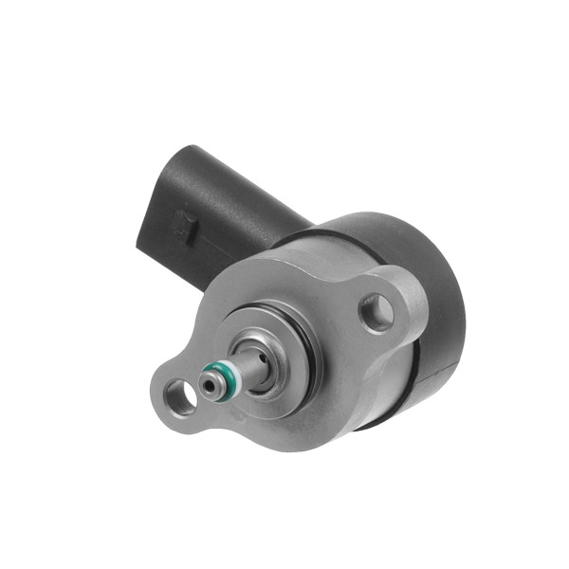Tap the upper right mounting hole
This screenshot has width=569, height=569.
(376, 309)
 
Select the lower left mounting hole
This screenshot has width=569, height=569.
(178, 395)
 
